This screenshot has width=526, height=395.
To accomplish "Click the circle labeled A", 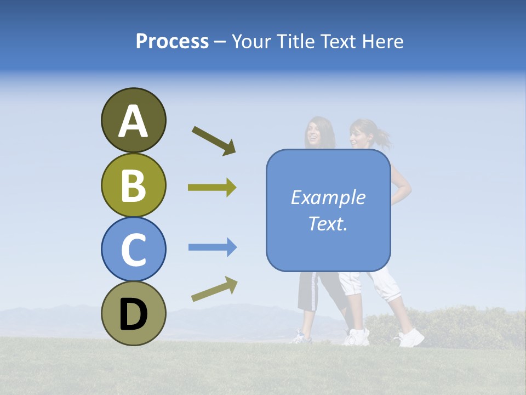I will click(x=133, y=120).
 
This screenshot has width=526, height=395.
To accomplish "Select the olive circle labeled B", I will click(x=133, y=185).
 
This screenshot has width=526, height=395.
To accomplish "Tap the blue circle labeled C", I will click(x=133, y=249).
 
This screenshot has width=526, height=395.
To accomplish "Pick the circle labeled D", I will click(x=133, y=313).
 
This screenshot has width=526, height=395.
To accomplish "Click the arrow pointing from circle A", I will click(x=214, y=140).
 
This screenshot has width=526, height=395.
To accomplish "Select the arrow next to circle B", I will click(x=212, y=188).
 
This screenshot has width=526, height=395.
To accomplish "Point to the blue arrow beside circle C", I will click(x=212, y=247).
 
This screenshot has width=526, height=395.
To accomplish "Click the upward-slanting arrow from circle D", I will click(x=214, y=289).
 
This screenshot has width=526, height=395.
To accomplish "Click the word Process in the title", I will click(x=172, y=42).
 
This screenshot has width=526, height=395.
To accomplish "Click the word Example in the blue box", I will click(x=328, y=198).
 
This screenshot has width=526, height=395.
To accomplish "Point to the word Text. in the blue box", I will click(x=328, y=223).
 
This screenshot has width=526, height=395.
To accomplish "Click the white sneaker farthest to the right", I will click(x=411, y=338).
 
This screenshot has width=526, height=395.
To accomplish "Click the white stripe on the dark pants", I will click(x=315, y=291).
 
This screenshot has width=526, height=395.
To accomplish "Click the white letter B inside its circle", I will click(x=133, y=185).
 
